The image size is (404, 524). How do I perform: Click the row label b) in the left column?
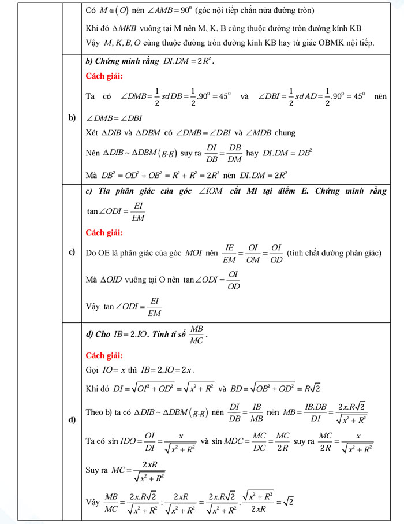pyautogui.click(x=72, y=118)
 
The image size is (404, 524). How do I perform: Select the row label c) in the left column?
pyautogui.click(x=72, y=252)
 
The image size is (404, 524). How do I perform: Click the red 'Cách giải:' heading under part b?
pyautogui.click(x=104, y=76)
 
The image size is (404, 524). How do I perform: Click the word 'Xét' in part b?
pyautogui.click(x=92, y=133)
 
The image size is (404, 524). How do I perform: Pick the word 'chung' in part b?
pyautogui.click(x=285, y=133)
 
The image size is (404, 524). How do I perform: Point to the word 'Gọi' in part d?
pyautogui.click(x=92, y=369)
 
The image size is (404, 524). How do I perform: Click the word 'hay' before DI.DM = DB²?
pyautogui.click(x=252, y=153)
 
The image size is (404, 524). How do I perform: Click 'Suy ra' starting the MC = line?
pyautogui.click(x=97, y=470)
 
